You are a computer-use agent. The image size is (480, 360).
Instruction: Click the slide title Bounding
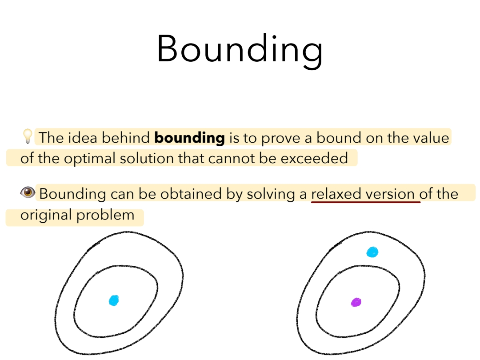[x=240, y=50]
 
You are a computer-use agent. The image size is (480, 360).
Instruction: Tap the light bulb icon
[x=28, y=136]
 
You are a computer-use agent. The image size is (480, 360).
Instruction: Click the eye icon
[x=28, y=192]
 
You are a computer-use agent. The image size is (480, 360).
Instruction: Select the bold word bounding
[x=189, y=138]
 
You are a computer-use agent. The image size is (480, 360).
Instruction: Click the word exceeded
[x=314, y=158]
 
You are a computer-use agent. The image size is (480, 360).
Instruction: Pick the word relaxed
[x=336, y=194]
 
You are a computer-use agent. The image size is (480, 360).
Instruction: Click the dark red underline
[x=366, y=202]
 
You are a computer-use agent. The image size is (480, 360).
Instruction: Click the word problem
[x=105, y=215]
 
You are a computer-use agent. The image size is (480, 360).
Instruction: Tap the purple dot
[x=356, y=303]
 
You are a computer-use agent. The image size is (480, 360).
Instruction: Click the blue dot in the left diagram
[x=114, y=300]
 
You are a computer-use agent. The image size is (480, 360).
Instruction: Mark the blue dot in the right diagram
[x=372, y=252]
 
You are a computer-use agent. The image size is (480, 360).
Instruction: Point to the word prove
[x=280, y=138]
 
